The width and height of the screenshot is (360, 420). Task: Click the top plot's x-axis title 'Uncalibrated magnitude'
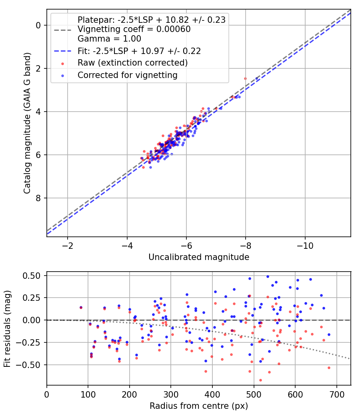click(x=199, y=257)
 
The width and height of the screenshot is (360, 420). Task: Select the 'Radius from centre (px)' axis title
click(x=199, y=406)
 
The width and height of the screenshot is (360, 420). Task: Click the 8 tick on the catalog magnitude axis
click(x=39, y=198)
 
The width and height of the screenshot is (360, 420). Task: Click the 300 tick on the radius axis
click(x=171, y=394)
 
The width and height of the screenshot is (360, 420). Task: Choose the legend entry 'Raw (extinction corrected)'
click(x=132, y=63)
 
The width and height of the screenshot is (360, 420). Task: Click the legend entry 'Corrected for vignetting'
click(x=127, y=75)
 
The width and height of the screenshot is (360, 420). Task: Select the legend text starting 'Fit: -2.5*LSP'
click(x=139, y=51)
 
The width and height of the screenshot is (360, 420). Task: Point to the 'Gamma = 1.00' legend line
click(x=109, y=39)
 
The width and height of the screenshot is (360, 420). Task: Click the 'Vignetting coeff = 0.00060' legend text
click(x=134, y=29)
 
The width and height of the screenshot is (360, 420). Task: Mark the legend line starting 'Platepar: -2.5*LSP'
click(x=152, y=20)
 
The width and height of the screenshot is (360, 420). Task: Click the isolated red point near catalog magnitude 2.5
click(x=245, y=78)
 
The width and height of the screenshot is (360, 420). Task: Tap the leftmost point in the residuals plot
click(x=81, y=308)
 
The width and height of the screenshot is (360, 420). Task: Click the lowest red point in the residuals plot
click(x=260, y=380)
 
